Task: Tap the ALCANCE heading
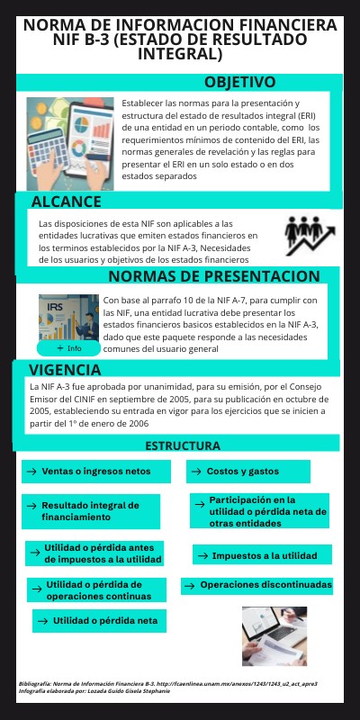66,201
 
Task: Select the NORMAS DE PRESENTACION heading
213,275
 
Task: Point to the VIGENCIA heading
65,370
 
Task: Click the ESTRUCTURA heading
183,445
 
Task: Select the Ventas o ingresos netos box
97,471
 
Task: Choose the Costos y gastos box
248,471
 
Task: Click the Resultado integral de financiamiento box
92,511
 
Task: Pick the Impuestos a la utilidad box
262,555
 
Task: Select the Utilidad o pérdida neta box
98,621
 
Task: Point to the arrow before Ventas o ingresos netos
32,471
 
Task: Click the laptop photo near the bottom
275,635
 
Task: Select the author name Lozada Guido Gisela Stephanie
135,692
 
